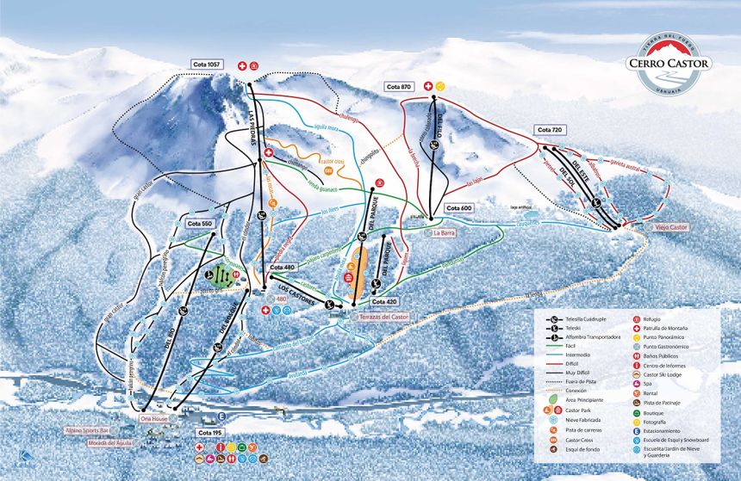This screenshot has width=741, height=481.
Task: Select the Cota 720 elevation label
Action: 549,130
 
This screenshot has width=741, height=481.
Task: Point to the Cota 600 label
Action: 459,208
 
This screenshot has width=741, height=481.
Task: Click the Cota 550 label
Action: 199,223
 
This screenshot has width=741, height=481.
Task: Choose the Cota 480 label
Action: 282,267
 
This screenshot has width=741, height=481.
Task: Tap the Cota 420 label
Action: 384,302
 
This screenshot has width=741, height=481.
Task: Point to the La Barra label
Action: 444,232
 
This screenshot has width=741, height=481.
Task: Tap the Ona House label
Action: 153,419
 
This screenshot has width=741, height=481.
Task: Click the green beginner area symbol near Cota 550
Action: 221,274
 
